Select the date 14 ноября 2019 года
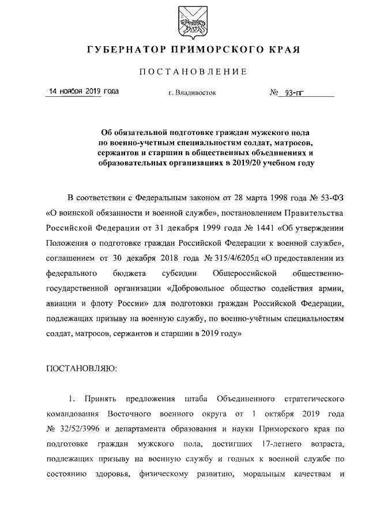[83, 92]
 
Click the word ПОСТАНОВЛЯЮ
[81, 368]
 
